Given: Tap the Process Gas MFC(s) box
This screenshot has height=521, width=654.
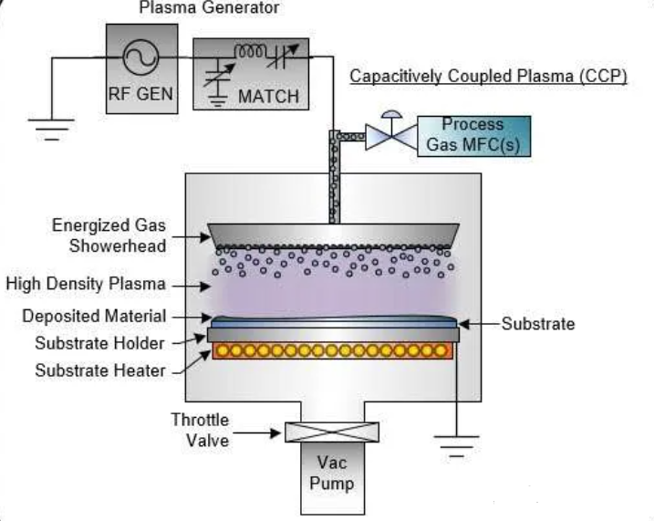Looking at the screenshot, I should pyautogui.click(x=472, y=135).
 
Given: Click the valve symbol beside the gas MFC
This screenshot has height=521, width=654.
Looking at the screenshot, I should pyautogui.click(x=390, y=137).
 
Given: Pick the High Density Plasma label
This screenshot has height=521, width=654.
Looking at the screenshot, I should pyautogui.click(x=86, y=284).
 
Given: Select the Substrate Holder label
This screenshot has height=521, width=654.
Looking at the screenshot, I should pyautogui.click(x=100, y=343).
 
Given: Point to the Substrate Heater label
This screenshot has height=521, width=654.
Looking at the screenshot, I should pyautogui.click(x=100, y=370).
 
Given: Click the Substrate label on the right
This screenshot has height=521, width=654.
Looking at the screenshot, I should pyautogui.click(x=538, y=324).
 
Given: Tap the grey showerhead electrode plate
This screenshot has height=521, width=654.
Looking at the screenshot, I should pyautogui.click(x=332, y=234).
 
